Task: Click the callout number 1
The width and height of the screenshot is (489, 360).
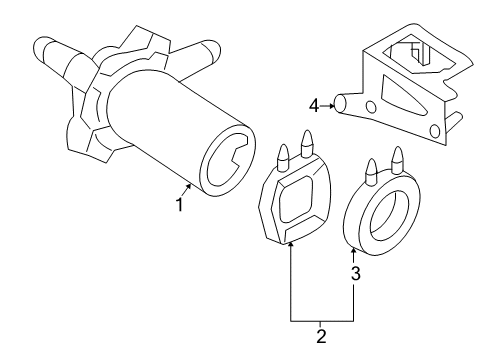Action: point(180,205)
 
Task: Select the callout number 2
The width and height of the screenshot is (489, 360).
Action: point(321,336)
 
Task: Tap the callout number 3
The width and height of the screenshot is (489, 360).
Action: point(356,273)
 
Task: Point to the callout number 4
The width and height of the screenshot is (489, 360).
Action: point(314,106)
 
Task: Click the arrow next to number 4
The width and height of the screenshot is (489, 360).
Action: point(327,106)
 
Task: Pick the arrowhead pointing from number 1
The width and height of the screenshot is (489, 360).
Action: point(189,186)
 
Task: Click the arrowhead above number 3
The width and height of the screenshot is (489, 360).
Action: point(353,250)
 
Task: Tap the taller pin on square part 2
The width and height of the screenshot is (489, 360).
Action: point(306,144)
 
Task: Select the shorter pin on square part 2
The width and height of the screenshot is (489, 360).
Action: point(283,157)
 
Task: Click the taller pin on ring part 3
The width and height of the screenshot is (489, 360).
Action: point(397,160)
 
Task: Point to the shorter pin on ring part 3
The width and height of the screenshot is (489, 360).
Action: point(372,171)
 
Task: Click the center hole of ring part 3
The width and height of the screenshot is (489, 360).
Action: point(390,217)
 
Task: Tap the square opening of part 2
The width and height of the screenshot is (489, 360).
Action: point(296,200)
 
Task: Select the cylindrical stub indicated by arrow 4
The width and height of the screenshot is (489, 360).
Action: point(341,103)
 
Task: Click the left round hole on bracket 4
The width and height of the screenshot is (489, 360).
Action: point(371,107)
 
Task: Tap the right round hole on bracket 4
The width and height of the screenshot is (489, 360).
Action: point(435,131)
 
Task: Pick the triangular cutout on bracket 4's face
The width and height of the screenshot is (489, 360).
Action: point(402,96)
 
